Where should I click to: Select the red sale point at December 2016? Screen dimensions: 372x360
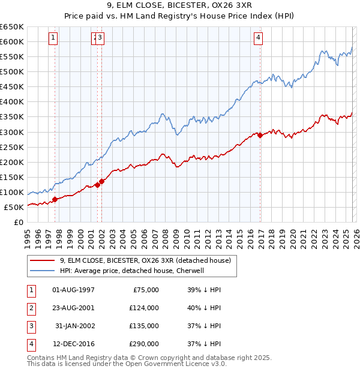click(260, 135)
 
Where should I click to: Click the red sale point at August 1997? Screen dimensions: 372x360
click(55, 199)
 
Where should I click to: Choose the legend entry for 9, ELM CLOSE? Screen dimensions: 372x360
click(149, 260)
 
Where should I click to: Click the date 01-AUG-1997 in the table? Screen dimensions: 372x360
click(74, 290)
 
